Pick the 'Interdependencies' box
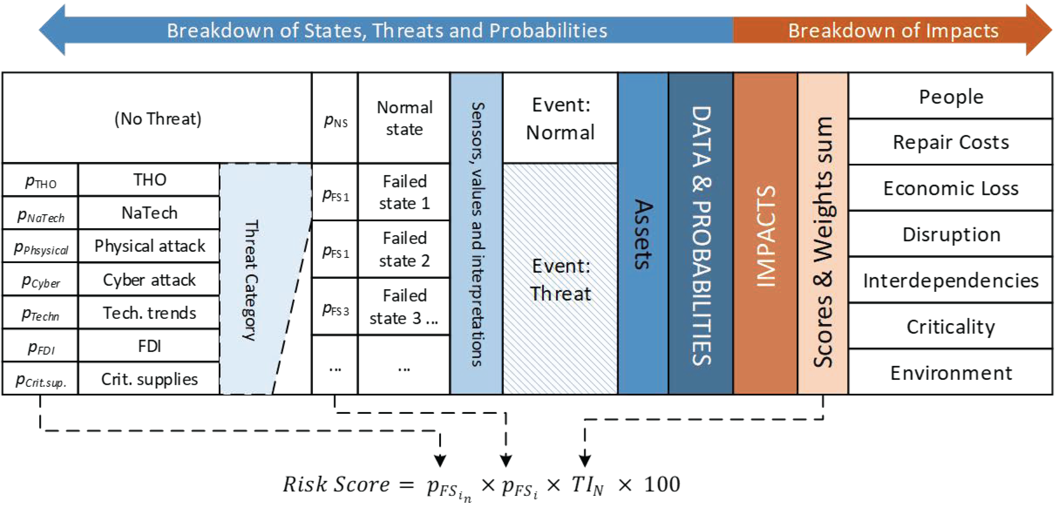[950, 280]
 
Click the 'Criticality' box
[950, 326]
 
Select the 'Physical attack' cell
[149, 246]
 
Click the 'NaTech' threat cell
[149, 213]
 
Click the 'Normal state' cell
[404, 118]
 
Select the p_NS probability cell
[335, 118]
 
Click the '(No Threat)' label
[158, 119]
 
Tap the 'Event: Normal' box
[560, 118]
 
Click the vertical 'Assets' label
[643, 234]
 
